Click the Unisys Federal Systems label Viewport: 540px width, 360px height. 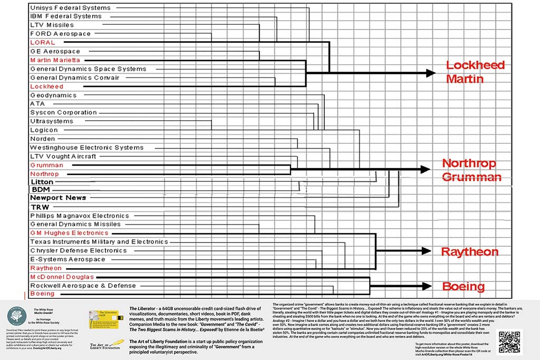(x=70, y=8)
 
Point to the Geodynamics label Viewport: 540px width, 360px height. (x=53, y=95)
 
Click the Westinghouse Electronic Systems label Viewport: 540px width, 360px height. (x=86, y=148)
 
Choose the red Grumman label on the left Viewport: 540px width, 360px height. (x=46, y=165)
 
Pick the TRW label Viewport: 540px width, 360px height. (x=40, y=207)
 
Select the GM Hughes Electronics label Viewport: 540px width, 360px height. (x=69, y=233)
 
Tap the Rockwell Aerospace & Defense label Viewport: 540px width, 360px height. (x=83, y=286)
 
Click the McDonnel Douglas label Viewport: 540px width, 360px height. (x=62, y=277)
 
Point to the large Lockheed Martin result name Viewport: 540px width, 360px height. (x=472, y=72)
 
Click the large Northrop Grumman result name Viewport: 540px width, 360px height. (x=471, y=170)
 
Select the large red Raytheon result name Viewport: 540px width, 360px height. (x=469, y=251)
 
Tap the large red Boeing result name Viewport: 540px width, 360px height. (x=463, y=287)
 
